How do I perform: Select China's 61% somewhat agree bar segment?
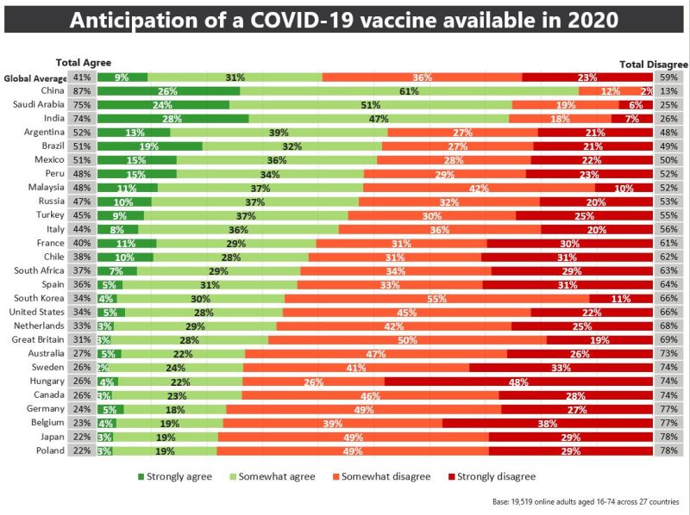(409, 90)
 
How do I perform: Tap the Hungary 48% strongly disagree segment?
(518, 382)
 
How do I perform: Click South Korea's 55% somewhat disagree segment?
(436, 299)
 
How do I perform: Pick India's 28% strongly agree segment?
(172, 119)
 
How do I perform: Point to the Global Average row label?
(35, 78)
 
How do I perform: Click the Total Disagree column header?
(654, 63)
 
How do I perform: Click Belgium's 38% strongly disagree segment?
(547, 423)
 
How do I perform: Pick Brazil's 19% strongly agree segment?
(149, 146)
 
